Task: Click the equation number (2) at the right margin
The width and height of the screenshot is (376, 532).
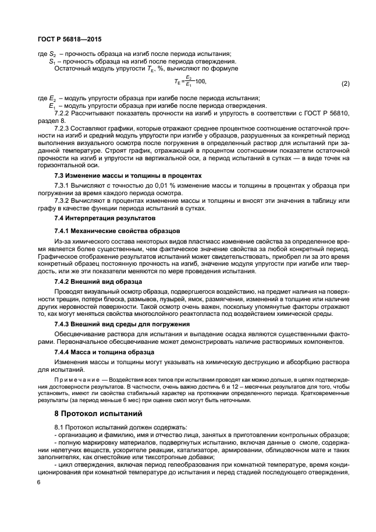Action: coord(345,83)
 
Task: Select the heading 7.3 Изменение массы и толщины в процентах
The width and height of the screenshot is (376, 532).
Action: coord(127,175)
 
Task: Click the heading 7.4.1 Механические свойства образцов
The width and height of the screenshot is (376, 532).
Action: coord(117,230)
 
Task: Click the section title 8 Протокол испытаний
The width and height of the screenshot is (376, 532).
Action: coord(98,415)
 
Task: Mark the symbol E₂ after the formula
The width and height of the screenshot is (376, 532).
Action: coord(52,98)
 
